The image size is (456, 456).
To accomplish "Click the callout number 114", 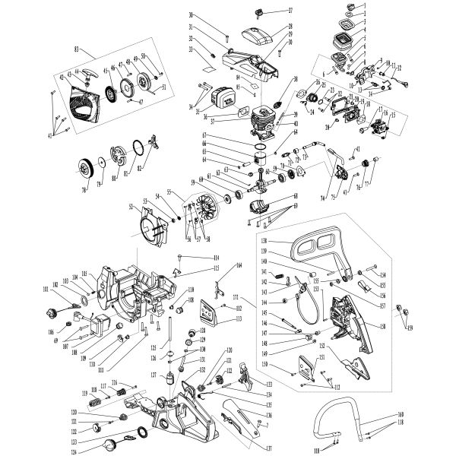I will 216,258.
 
